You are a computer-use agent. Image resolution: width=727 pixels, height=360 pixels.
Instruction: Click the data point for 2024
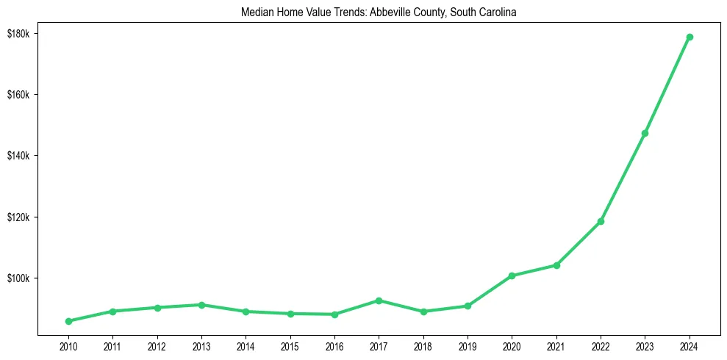pos(690,37)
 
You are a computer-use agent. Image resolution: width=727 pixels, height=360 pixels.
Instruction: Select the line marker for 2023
pos(645,133)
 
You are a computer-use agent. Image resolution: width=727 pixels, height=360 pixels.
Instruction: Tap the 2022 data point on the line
pos(601,221)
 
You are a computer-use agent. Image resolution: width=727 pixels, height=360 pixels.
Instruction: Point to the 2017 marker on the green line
pos(379,300)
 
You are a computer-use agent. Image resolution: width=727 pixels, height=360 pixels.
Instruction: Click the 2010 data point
pos(68,321)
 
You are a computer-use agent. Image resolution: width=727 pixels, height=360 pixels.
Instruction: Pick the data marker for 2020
pos(512,276)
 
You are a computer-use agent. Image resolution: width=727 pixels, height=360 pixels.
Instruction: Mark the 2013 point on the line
pos(201,305)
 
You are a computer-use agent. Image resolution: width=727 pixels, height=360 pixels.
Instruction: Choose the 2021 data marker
pos(556,265)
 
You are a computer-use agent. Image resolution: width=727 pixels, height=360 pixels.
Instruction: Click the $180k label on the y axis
pos(18,34)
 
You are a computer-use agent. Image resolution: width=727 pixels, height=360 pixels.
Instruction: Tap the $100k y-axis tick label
pos(18,278)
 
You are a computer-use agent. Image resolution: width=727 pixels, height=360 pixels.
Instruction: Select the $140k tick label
pos(18,156)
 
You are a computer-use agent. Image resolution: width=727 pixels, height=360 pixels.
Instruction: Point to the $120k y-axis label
pos(18,217)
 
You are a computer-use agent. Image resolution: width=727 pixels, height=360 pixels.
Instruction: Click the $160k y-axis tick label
pos(18,95)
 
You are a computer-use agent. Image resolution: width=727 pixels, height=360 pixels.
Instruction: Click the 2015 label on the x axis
pos(290,345)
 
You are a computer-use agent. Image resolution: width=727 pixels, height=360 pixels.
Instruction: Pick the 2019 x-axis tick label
pos(468,345)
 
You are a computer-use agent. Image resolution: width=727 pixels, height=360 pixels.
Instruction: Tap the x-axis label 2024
pos(690,345)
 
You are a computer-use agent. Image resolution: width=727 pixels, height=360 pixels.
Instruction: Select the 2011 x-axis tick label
pos(112,345)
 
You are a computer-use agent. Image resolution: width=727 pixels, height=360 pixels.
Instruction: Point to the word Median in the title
pos(255,12)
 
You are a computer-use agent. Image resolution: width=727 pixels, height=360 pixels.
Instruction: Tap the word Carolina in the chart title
pos(500,12)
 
